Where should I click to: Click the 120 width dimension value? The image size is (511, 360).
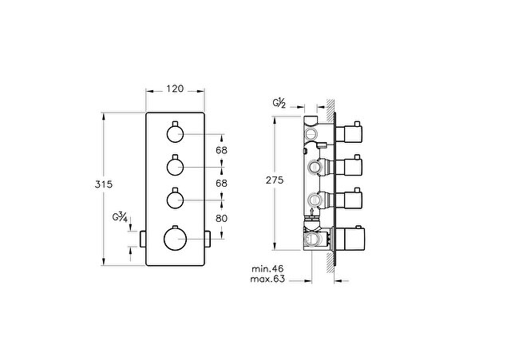(x=175, y=89)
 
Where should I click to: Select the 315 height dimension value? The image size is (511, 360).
(x=104, y=184)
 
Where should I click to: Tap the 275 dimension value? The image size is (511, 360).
(x=275, y=180)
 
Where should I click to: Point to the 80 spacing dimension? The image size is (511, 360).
(x=221, y=218)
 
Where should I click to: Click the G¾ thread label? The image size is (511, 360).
(x=120, y=217)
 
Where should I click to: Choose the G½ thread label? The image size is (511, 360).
(x=279, y=103)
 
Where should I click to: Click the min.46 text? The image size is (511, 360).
(x=267, y=269)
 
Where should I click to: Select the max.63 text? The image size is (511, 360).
(x=267, y=279)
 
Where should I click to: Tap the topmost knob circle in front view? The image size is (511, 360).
(x=176, y=134)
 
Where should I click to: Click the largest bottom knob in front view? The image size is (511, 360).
(x=175, y=239)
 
